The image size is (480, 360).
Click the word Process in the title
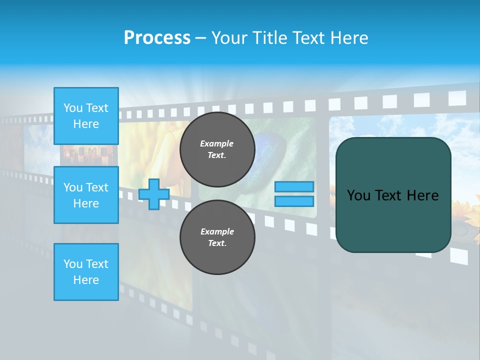click(157, 38)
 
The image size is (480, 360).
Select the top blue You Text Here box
click(86, 116)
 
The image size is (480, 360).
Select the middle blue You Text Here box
click(86, 195)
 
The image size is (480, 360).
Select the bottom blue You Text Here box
click(86, 272)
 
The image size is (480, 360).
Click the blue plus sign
click(154, 194)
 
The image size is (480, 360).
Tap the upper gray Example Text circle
click(217, 149)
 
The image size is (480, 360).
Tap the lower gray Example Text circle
click(217, 237)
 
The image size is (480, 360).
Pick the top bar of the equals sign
click(294, 187)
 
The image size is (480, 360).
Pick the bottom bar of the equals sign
click(294, 201)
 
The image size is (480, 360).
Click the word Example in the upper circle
click(217, 143)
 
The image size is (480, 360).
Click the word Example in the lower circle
click(217, 231)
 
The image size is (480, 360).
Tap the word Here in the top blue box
click(86, 124)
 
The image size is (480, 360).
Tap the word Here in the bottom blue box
click(86, 280)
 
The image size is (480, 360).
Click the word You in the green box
click(358, 195)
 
